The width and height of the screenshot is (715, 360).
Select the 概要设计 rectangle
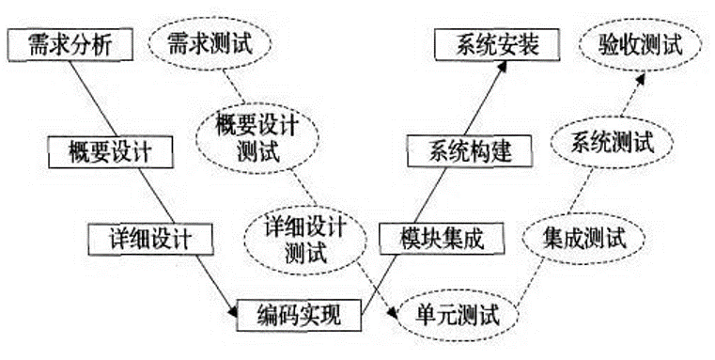coord(112,149)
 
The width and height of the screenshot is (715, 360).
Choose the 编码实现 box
coord(299,314)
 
